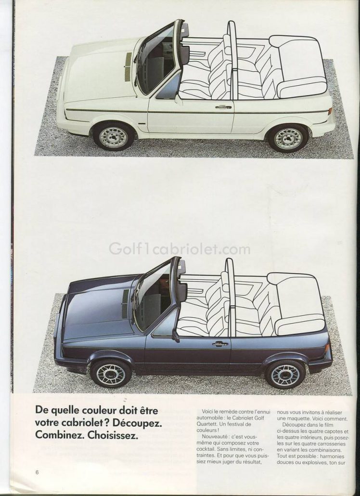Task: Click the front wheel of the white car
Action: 114,137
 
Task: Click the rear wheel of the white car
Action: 288,138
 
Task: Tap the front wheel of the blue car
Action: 111,374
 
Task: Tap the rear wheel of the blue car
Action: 285,375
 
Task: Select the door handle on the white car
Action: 223,107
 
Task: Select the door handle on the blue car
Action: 220,343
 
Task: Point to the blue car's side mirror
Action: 175,336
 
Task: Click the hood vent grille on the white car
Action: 129,67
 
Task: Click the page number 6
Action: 37,472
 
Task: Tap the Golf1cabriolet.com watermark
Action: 180,249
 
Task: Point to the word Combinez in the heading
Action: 60,435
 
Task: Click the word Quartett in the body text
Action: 206,424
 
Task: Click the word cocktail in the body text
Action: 205,449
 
